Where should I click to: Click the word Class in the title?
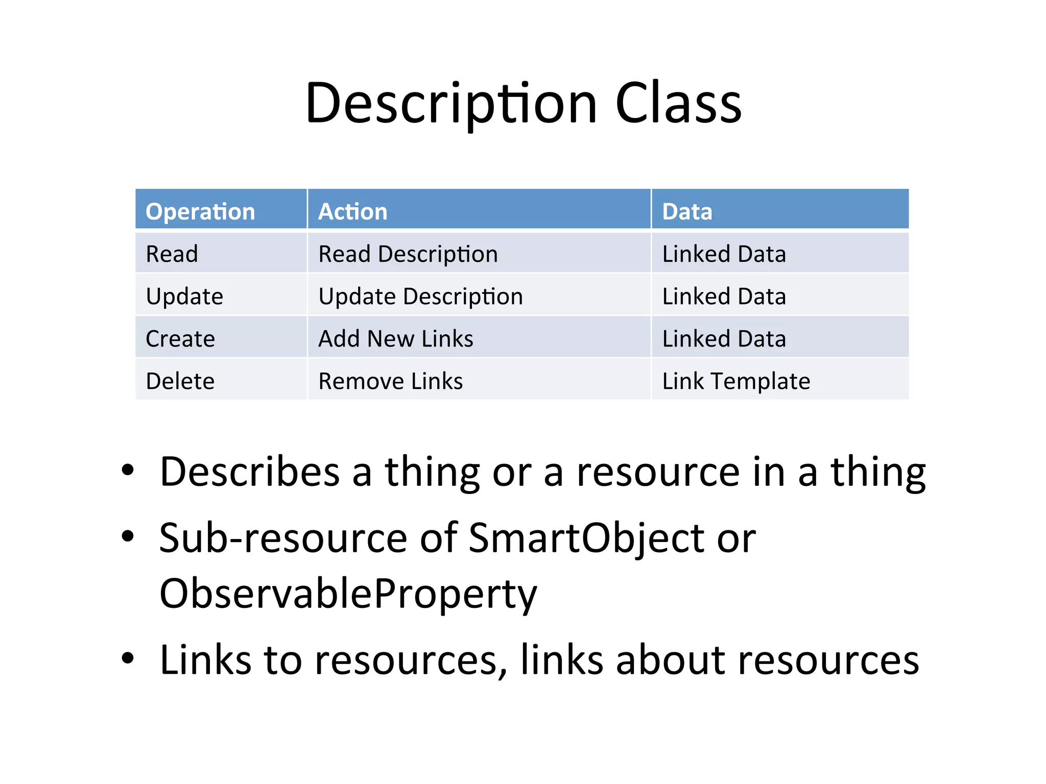point(678,104)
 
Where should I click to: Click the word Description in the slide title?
point(451,104)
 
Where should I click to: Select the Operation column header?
point(200,211)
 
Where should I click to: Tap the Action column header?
point(353,211)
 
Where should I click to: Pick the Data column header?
point(687,211)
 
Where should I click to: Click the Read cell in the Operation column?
point(172,254)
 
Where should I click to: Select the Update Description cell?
point(421,297)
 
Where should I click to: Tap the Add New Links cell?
point(396,339)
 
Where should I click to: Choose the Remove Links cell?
point(391,381)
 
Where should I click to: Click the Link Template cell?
point(736,381)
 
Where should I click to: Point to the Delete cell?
point(180,381)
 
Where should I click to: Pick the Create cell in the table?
point(180,339)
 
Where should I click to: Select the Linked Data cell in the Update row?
point(724,297)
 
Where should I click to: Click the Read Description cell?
point(408,254)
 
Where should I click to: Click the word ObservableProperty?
point(348,594)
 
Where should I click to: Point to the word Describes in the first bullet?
point(250,472)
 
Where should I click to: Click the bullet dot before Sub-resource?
point(128,536)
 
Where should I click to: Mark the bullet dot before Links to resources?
point(128,658)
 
